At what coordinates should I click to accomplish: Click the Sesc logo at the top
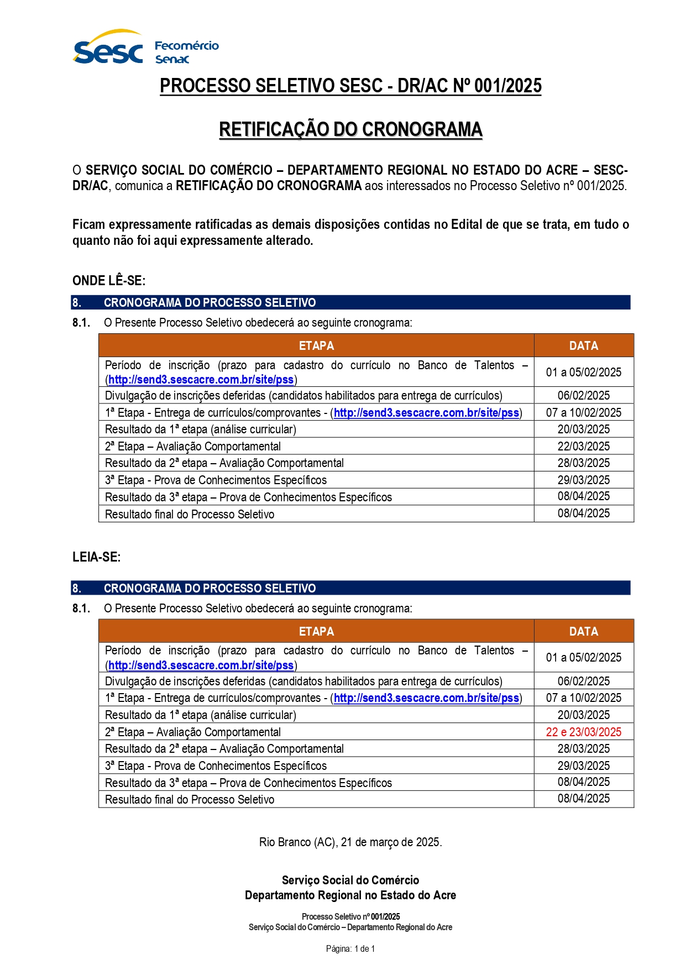click(108, 49)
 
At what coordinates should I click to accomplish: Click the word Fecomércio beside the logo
click(186, 46)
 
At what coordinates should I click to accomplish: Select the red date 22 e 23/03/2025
click(583, 732)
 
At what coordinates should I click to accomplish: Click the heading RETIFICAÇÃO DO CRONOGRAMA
click(350, 129)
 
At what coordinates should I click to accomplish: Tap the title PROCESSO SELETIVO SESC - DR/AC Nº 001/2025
click(350, 86)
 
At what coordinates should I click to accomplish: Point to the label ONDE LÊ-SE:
click(109, 280)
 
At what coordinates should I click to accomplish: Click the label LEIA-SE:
click(96, 557)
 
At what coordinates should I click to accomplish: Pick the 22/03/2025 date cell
click(583, 446)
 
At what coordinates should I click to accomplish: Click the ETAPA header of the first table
click(316, 345)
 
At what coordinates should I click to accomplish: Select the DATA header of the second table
click(583, 631)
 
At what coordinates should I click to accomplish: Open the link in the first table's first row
click(201, 380)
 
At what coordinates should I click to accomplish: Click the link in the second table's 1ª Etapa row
click(426, 698)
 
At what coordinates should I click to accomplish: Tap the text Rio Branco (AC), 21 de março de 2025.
click(350, 842)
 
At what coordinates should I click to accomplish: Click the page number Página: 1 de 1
click(350, 948)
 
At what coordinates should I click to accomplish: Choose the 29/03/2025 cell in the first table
click(583, 480)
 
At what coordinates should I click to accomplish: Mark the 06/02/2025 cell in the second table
click(583, 681)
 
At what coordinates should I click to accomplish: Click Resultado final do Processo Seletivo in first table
click(190, 514)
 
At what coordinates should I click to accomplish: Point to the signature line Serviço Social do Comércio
click(350, 880)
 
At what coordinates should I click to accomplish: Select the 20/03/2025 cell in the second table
click(583, 715)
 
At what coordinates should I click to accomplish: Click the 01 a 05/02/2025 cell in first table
click(583, 372)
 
